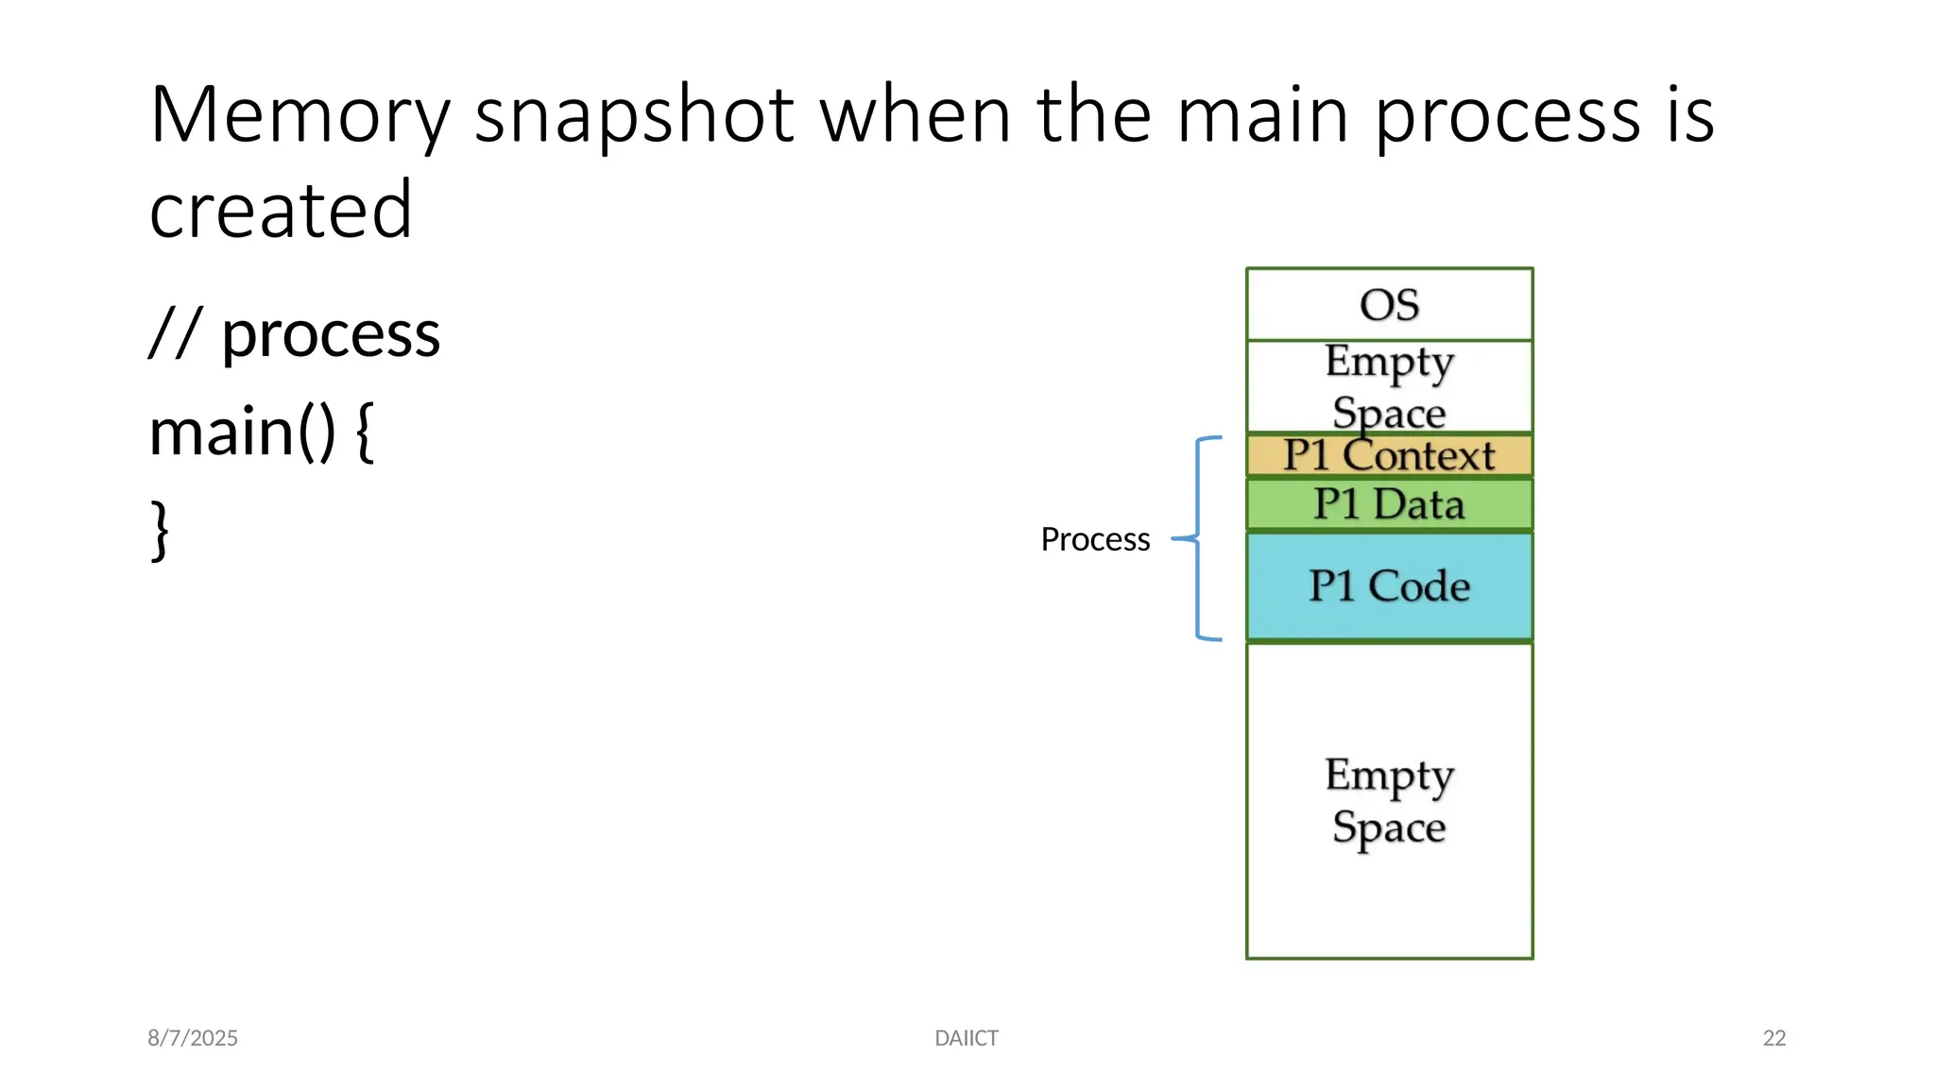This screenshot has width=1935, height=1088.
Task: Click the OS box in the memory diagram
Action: pyautogui.click(x=1389, y=304)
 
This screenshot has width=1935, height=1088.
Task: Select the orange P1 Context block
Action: pyautogui.click(x=1389, y=456)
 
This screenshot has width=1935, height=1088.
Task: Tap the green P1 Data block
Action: pyautogui.click(x=1389, y=504)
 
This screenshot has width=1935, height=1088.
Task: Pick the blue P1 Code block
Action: pyautogui.click(x=1389, y=586)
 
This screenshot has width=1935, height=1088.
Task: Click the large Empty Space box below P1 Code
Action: pyautogui.click(x=1389, y=801)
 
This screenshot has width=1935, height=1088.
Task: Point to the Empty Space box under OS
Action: pyautogui.click(x=1389, y=385)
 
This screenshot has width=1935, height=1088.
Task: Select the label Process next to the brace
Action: pyautogui.click(x=1095, y=539)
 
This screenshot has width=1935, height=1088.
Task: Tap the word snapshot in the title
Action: pyautogui.click(x=633, y=115)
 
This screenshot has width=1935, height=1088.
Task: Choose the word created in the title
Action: pyautogui.click(x=281, y=210)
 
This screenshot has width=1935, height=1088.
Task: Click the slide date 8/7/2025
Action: pyautogui.click(x=193, y=1038)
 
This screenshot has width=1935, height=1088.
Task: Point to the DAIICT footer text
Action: pyautogui.click(x=966, y=1038)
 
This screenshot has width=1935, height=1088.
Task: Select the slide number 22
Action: pyautogui.click(x=1773, y=1038)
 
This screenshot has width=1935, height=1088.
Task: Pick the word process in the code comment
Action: pyautogui.click(x=331, y=335)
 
